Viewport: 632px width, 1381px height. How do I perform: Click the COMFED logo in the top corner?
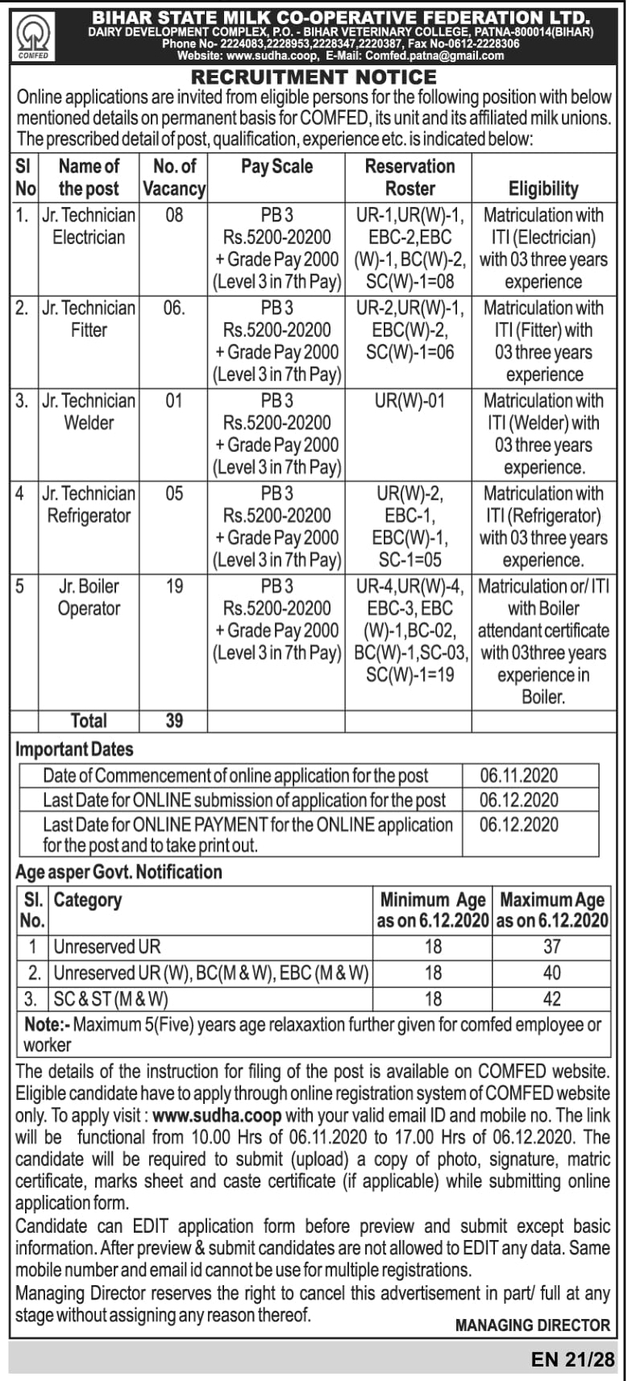(33, 35)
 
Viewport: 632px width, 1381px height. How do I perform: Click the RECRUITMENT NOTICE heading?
(314, 77)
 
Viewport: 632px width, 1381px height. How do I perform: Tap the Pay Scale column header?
(276, 167)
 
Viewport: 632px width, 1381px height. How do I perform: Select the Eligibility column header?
(543, 189)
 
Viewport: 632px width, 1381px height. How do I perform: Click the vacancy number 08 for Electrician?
(174, 215)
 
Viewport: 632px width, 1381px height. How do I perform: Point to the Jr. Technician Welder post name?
(89, 412)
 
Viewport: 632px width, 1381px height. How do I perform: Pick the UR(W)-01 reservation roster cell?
(410, 400)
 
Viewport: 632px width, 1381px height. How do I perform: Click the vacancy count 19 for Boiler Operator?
(174, 586)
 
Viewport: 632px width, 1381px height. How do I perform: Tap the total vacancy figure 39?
(174, 720)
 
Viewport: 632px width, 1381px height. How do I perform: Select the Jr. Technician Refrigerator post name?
(89, 504)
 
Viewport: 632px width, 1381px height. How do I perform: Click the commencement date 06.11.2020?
(518, 776)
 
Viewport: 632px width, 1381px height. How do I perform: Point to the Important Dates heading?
(74, 749)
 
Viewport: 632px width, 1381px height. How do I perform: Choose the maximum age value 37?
(552, 947)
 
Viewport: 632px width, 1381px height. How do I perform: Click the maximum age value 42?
(552, 999)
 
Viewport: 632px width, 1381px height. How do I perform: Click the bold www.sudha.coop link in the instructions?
(217, 1116)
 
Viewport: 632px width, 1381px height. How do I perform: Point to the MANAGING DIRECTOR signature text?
(533, 1325)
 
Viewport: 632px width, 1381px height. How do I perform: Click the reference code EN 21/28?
(573, 1360)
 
